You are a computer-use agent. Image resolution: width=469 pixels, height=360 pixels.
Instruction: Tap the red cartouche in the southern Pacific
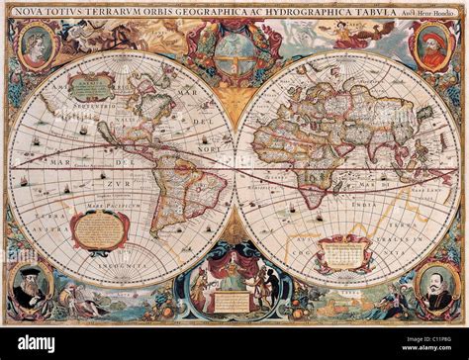99,228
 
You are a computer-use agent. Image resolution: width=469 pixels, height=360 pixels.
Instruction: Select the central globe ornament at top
235,45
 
